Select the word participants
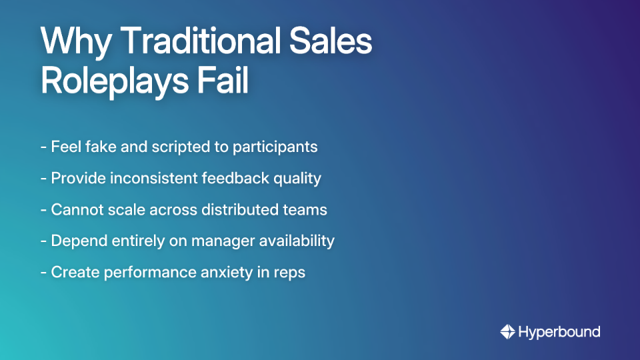pyautogui.click(x=275, y=147)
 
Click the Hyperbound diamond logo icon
pyautogui.click(x=507, y=331)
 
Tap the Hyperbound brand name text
pyautogui.click(x=559, y=332)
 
